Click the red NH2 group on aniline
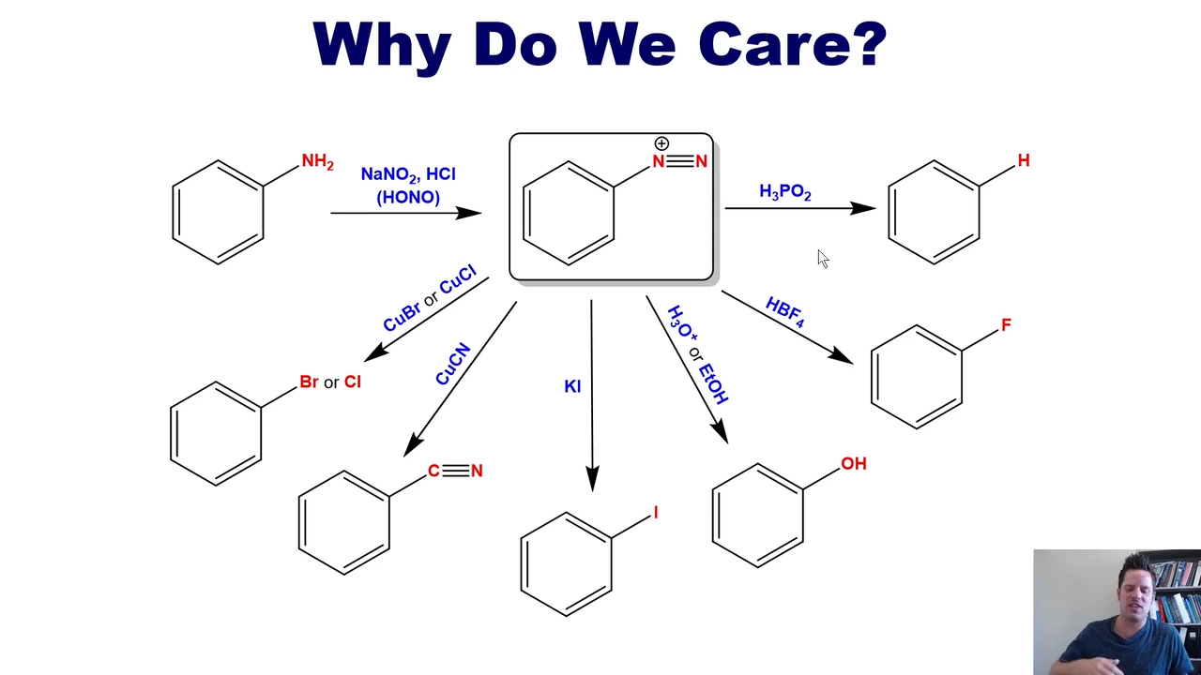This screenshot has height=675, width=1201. [317, 161]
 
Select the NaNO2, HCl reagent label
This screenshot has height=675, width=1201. [408, 174]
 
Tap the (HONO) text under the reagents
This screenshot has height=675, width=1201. [408, 197]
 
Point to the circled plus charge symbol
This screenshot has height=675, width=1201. [661, 143]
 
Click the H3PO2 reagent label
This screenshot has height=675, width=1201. [785, 192]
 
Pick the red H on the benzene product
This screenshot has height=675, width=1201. [1024, 160]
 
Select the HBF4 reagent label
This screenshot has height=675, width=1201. [785, 312]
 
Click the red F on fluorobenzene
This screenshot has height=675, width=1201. [1006, 324]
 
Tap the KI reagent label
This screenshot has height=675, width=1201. [572, 386]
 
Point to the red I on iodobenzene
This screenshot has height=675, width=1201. [655, 513]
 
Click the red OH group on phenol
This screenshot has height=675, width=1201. [854, 463]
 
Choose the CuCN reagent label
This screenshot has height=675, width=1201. [453, 364]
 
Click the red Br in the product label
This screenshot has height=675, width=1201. [309, 382]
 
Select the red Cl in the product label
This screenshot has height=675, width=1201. [352, 382]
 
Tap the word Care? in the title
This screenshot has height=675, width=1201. [793, 44]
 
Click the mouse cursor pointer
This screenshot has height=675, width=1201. [823, 258]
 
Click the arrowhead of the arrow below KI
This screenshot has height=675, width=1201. [592, 478]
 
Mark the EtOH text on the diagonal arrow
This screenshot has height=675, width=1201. [714, 383]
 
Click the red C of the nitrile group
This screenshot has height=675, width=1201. [433, 471]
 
